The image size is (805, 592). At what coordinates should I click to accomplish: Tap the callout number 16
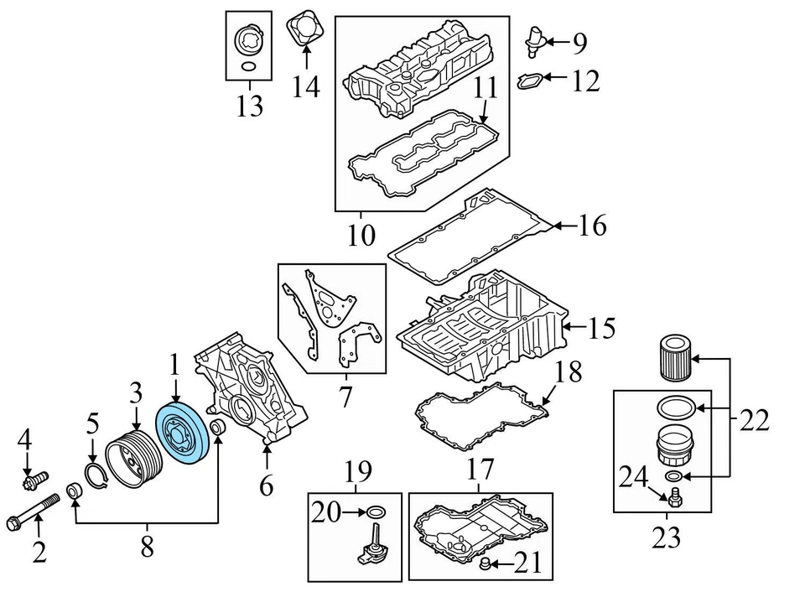593,225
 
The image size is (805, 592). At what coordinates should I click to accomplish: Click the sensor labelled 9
534,41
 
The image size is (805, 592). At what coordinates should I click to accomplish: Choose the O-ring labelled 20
375,512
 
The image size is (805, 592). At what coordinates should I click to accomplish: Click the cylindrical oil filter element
674,358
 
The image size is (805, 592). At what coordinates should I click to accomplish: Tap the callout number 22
754,420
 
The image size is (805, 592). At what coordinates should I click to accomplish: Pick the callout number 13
250,106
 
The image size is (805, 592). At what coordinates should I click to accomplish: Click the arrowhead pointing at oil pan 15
567,326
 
